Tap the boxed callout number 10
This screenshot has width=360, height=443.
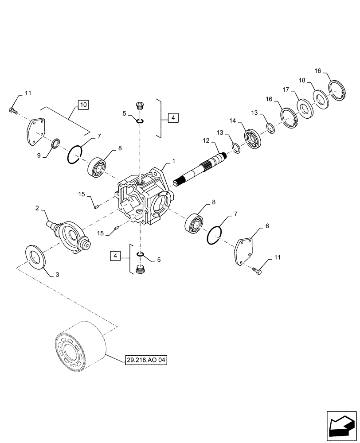[83, 105]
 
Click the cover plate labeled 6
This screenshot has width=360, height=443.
[245, 252]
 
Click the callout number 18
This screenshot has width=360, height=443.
[302, 81]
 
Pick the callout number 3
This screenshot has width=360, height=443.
[57, 275]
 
